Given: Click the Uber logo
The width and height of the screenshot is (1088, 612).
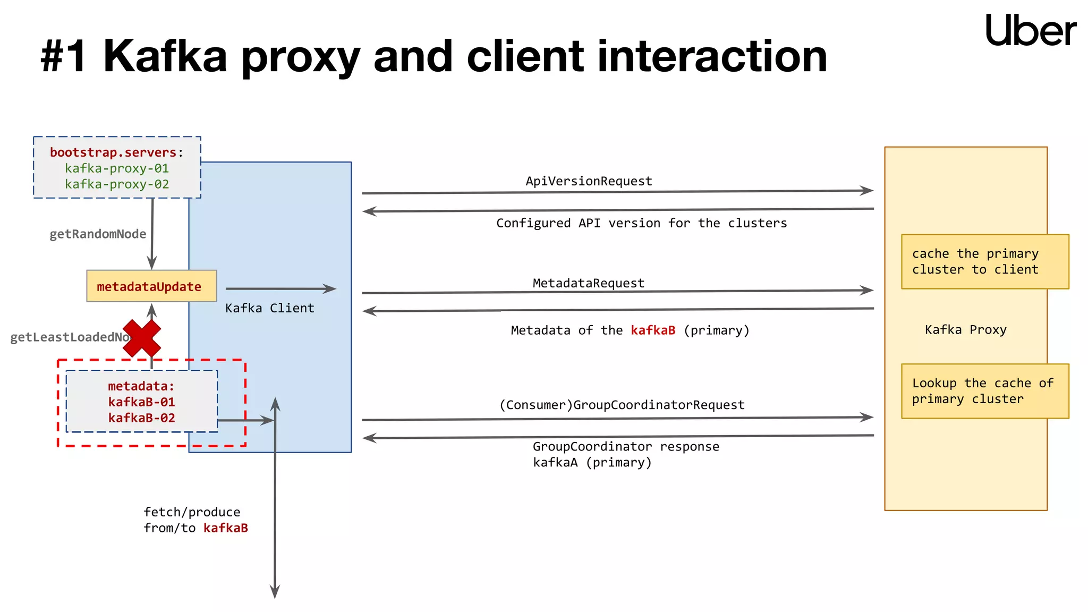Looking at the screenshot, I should [x=1030, y=30].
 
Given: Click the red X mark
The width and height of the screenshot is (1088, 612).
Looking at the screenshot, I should [x=141, y=338].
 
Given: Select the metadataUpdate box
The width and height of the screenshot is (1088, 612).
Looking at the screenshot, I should [x=151, y=286].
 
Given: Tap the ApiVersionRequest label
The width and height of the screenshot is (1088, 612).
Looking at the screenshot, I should [x=589, y=181].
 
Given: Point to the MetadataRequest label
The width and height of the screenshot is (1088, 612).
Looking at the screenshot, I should [x=589, y=283].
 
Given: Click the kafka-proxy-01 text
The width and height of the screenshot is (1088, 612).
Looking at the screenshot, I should [x=117, y=168].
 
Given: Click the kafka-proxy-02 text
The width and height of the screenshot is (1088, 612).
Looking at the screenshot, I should [x=117, y=184].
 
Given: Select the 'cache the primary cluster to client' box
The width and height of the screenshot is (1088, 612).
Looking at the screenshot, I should [x=984, y=261].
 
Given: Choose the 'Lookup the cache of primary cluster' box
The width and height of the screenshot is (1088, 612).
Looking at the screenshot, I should [x=984, y=391].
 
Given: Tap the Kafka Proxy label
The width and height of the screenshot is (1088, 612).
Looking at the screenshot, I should [x=965, y=330].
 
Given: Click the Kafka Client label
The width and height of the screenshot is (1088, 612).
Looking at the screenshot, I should [x=269, y=308].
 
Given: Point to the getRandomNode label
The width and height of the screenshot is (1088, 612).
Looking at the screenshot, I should [x=98, y=234].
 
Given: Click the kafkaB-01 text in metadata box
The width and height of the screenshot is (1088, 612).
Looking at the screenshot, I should [x=141, y=402].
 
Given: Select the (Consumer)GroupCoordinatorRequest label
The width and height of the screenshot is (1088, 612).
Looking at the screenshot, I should [x=622, y=405].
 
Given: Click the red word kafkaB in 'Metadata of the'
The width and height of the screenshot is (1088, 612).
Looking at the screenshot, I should [x=653, y=330].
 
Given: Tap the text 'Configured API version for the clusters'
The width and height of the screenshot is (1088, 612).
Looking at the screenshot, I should [x=641, y=223].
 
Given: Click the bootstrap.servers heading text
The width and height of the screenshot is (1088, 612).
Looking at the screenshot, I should [x=113, y=152].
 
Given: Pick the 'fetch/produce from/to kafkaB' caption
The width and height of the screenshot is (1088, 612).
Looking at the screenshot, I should [x=195, y=520].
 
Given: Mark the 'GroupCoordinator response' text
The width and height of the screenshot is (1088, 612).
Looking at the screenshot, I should [x=626, y=447].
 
